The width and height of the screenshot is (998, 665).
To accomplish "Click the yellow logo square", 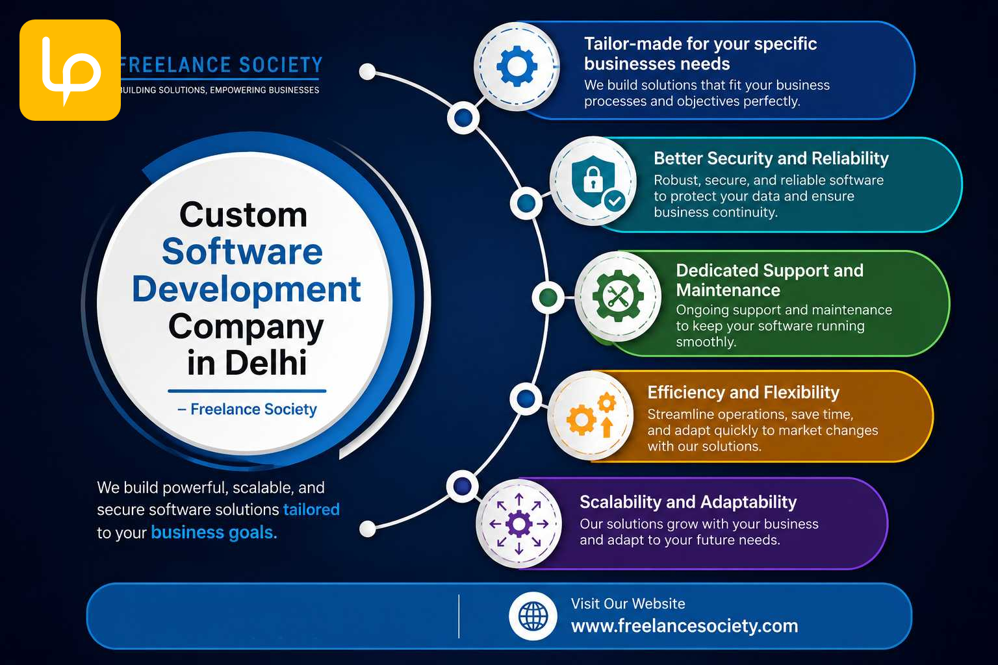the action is pyautogui.click(x=70, y=70).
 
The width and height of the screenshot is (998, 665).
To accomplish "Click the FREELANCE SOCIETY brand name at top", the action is pyautogui.click(x=222, y=65).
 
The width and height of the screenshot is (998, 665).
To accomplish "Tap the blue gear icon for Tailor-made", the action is pyautogui.click(x=517, y=66).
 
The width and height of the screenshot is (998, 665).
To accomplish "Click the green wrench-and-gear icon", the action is pyautogui.click(x=618, y=295).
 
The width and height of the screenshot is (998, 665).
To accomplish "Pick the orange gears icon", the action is pyautogui.click(x=591, y=415).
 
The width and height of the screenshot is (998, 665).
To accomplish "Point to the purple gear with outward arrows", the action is pyautogui.click(x=518, y=524).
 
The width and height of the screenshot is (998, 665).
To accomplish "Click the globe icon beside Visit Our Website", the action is pyautogui.click(x=533, y=616).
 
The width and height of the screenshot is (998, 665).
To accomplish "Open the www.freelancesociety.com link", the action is pyautogui.click(x=684, y=626).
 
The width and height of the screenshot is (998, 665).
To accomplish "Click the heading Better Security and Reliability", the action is pyautogui.click(x=771, y=158).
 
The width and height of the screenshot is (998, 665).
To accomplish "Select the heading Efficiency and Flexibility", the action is pyautogui.click(x=743, y=392).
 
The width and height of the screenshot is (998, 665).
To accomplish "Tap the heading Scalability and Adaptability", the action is pyautogui.click(x=688, y=502).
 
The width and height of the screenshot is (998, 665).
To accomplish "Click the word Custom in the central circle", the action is pyautogui.click(x=243, y=215).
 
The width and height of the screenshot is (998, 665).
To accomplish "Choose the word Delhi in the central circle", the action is pyautogui.click(x=266, y=362).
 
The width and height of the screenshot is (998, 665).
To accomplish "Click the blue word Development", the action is pyautogui.click(x=246, y=290).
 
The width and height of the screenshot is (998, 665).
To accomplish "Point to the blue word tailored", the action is pyautogui.click(x=311, y=509).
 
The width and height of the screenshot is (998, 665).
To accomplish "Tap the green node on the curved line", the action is pyautogui.click(x=548, y=297).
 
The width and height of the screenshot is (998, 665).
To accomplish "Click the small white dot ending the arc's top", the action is pyautogui.click(x=367, y=71).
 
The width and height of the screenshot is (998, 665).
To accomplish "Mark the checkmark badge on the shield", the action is pyautogui.click(x=615, y=201).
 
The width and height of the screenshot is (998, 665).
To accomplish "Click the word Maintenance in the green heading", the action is pyautogui.click(x=728, y=290).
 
